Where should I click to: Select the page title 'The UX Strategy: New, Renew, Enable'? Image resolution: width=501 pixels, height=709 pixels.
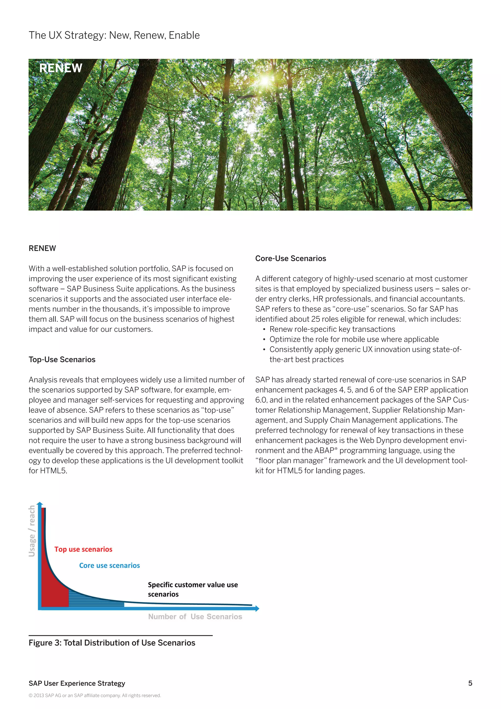point(114,35)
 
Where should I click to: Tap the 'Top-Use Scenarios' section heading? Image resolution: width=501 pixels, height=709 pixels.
point(62,359)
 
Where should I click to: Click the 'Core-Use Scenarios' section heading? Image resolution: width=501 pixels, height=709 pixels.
point(290,259)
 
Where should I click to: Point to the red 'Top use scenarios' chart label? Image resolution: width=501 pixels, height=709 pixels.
point(83,549)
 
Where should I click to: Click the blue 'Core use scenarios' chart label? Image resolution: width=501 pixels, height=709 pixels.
point(110,565)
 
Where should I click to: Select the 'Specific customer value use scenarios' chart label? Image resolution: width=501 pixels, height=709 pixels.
point(193,589)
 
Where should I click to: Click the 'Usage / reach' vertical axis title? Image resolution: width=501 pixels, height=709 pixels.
point(32,531)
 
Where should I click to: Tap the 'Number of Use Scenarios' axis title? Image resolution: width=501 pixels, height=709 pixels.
point(195,617)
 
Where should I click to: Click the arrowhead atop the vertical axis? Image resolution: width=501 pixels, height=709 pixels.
point(39,504)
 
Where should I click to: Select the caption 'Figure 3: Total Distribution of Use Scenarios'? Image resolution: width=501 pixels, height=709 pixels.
point(112,643)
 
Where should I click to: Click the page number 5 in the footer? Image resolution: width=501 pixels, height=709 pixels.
point(470,683)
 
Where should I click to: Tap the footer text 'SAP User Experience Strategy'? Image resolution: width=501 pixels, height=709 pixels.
point(77,683)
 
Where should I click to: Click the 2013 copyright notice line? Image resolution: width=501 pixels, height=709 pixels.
point(95,696)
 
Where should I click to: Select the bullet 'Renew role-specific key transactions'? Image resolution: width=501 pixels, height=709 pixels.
point(332,329)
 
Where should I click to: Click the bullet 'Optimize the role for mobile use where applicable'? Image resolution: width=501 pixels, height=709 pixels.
point(354,339)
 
